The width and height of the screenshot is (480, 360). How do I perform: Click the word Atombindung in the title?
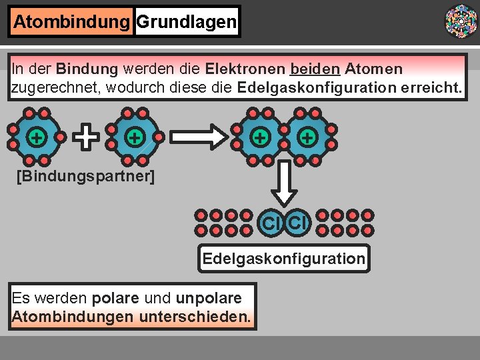point(71,22)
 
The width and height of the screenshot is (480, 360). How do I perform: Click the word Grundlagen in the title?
point(186,22)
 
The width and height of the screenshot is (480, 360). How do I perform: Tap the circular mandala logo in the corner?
point(461,20)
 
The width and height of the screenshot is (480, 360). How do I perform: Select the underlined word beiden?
point(315,69)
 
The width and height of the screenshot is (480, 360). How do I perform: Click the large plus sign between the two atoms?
point(85,137)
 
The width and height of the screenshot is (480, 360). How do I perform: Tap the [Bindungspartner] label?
point(85,177)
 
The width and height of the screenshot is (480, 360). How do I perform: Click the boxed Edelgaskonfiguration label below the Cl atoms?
point(283,259)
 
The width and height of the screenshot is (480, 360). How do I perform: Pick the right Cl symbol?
point(298,221)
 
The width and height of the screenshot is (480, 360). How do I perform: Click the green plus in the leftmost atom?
point(37,137)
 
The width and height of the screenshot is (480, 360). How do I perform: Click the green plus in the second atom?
point(135,137)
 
